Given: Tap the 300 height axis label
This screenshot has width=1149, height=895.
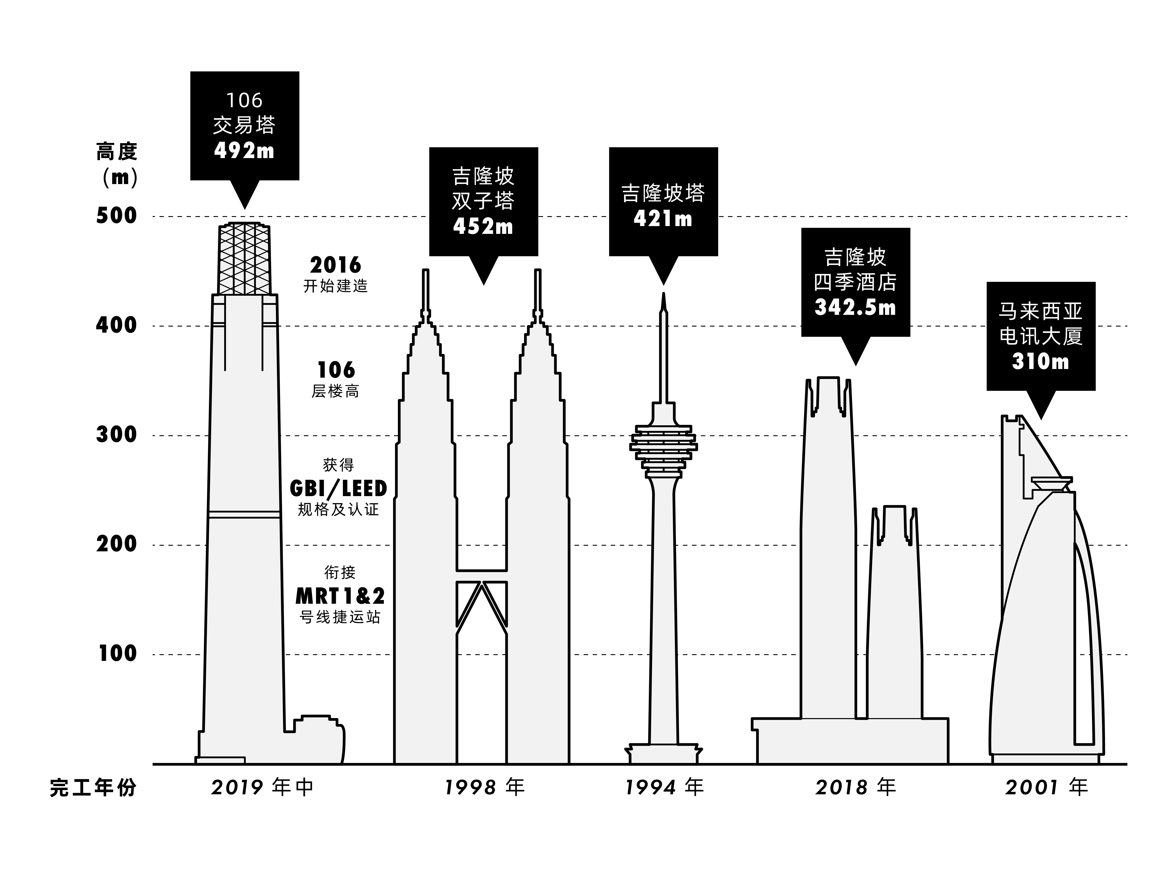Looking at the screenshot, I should [116, 435].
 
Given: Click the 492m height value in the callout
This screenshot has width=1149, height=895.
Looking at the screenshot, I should [244, 151].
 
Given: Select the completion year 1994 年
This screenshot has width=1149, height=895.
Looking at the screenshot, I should [664, 787].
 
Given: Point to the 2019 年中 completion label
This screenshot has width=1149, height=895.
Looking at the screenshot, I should [262, 787].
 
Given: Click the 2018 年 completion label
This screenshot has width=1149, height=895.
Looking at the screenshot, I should [855, 787].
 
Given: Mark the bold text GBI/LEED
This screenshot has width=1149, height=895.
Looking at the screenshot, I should [338, 489].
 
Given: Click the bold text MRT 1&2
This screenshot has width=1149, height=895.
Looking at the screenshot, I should [340, 596].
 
